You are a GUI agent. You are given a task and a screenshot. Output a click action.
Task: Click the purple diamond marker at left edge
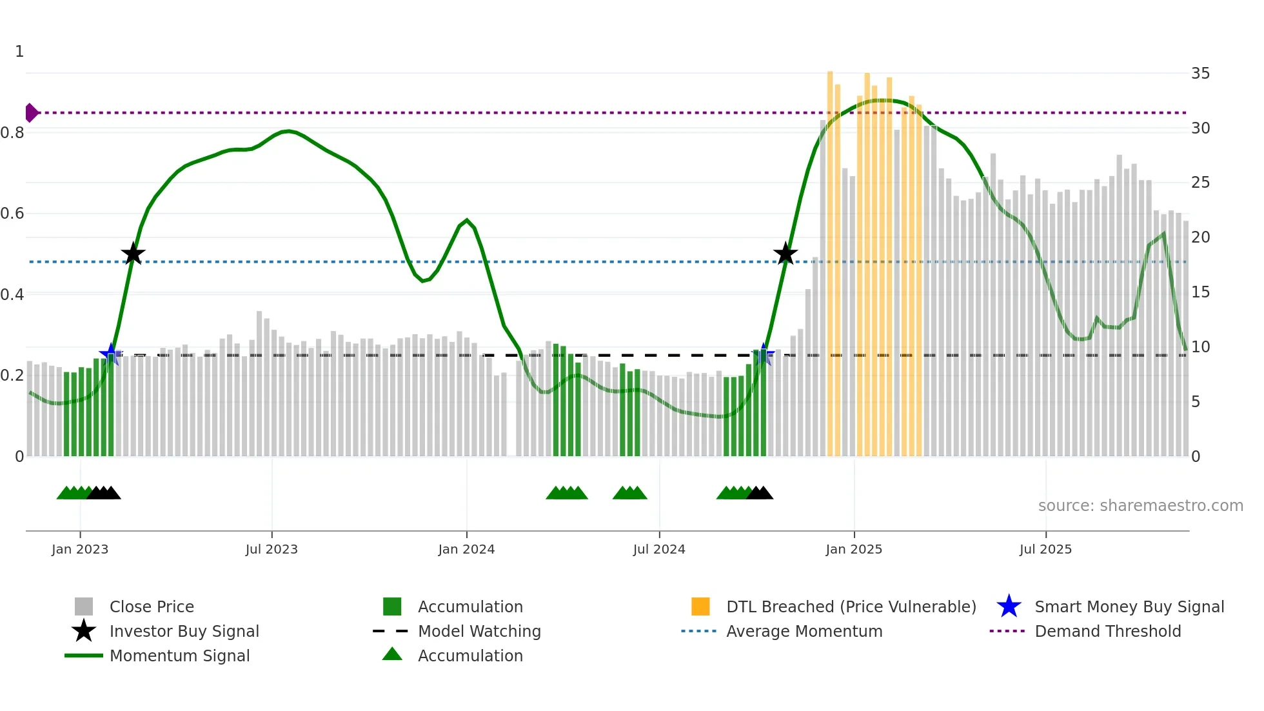pos(31,113)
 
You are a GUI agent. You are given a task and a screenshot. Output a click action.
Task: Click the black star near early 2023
pos(133,254)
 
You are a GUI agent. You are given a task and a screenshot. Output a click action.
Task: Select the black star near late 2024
pos(785,254)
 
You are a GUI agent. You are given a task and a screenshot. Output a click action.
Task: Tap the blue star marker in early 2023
pos(111,354)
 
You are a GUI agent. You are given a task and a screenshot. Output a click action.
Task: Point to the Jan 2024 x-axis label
pos(466,549)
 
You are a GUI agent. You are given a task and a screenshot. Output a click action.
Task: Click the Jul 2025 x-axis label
pos(1045,549)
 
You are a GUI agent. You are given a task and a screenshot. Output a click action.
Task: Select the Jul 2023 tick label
pos(272,549)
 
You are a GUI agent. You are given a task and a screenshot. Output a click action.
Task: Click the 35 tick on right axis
pos(1200,74)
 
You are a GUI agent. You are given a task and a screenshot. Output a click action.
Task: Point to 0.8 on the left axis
pos(13,133)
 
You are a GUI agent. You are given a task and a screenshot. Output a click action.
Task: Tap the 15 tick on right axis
pos(1200,292)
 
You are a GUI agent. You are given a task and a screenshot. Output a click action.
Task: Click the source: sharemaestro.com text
pos(1140,506)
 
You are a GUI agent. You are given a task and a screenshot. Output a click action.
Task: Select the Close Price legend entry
pos(151,606)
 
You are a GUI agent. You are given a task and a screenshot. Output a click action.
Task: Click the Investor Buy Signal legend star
pos(84,631)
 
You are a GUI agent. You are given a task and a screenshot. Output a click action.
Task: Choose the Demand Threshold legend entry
pos(1107,631)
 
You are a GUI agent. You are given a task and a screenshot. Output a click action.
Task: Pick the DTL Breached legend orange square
pos(700,606)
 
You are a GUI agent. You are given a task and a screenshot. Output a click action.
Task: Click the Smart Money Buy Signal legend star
pos(1009,606)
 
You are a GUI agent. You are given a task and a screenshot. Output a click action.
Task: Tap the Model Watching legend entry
pos(479,631)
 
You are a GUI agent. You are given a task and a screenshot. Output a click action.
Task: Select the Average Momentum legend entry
pos(804,631)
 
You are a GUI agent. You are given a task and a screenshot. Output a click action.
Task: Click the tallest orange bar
pos(830,258)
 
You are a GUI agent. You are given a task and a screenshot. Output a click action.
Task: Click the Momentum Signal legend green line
pos(84,656)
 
